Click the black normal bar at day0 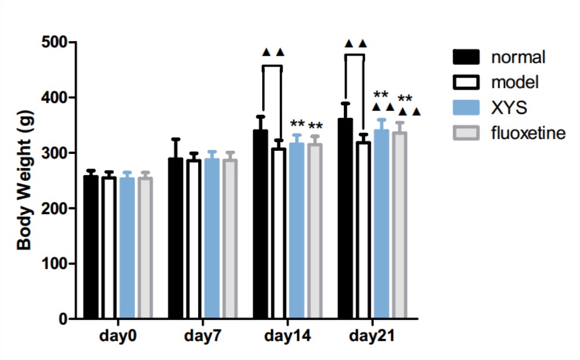coord(90,247)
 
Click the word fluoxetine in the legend coord(528,133)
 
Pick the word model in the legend coord(515,82)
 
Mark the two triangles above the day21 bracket coord(356,43)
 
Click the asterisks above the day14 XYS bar coord(297,125)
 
